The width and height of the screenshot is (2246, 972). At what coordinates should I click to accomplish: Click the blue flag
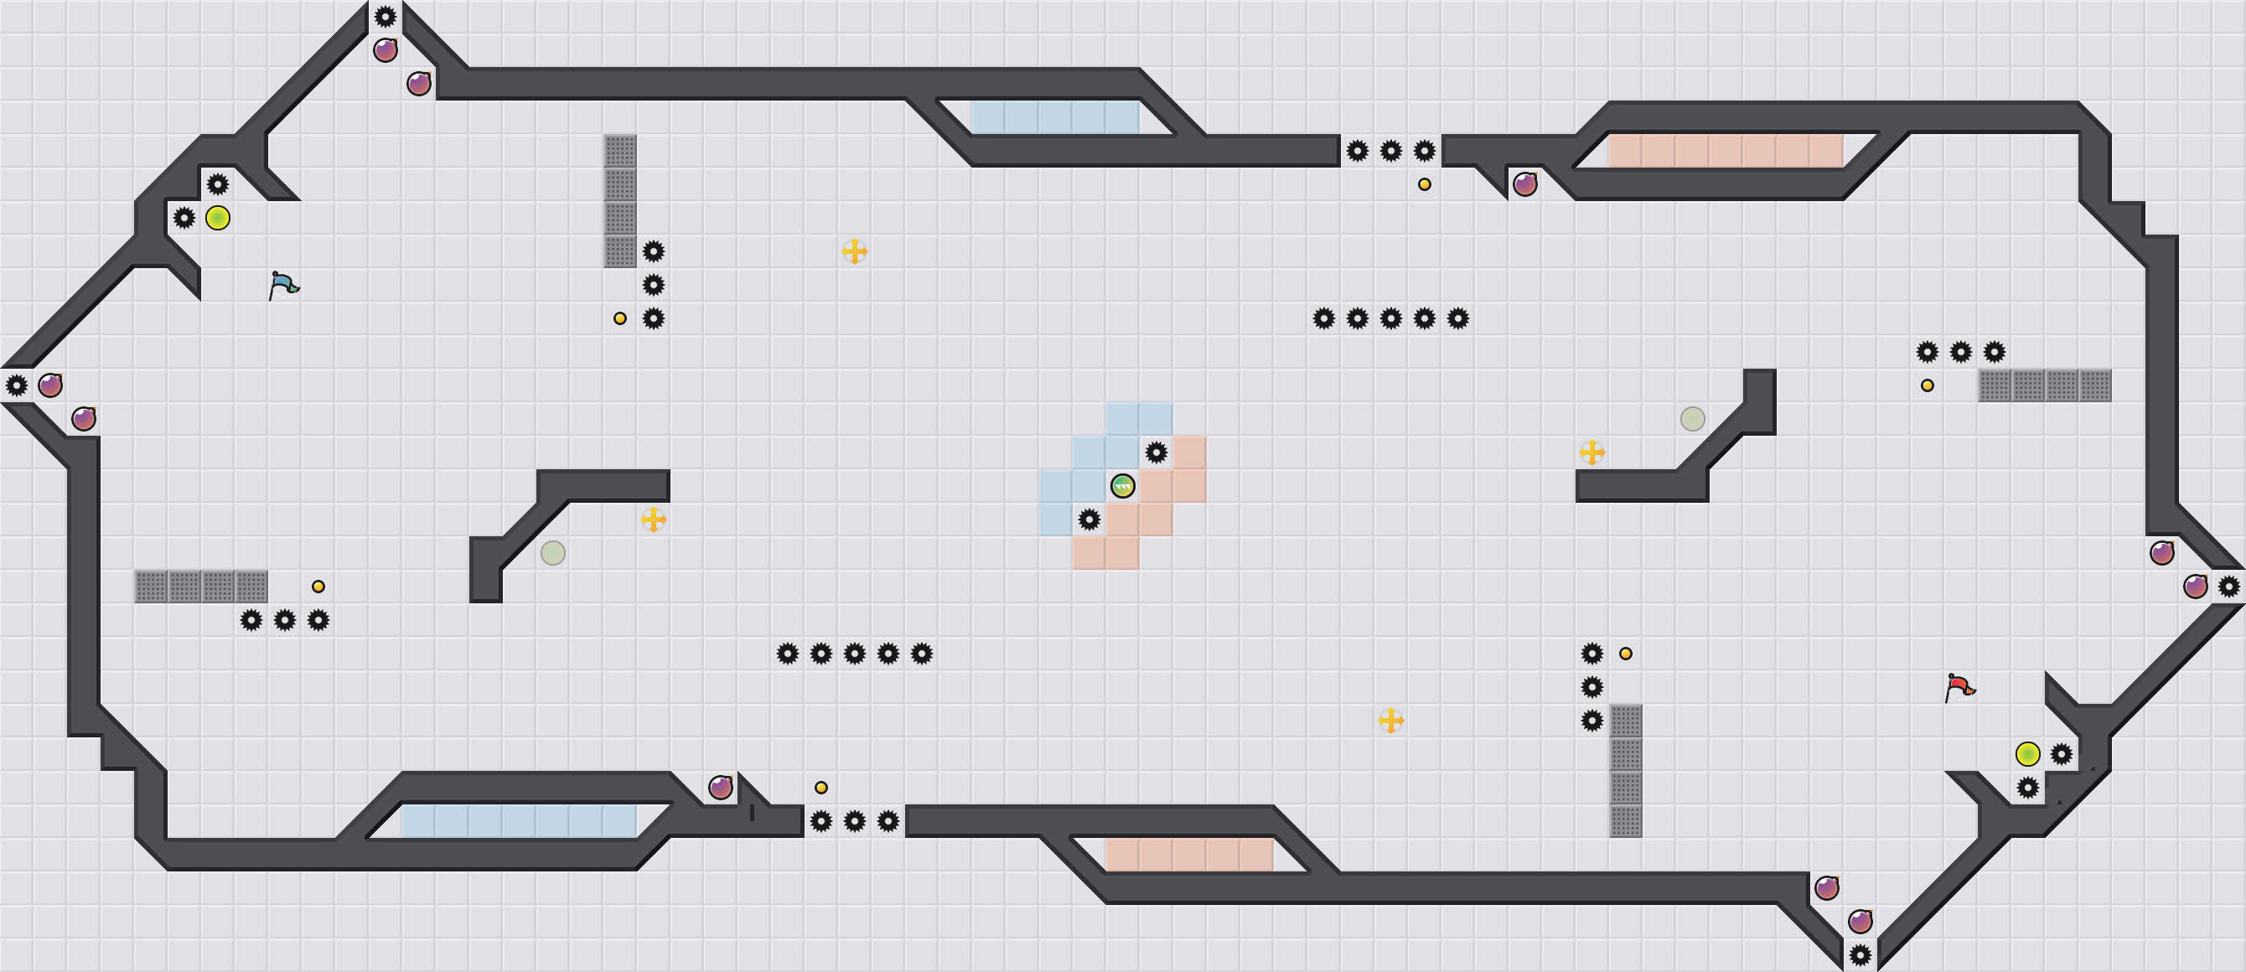[x=282, y=284]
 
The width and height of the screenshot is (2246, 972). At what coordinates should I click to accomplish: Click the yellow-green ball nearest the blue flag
[x=218, y=218]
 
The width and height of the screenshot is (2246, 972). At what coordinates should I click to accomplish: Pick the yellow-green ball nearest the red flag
[x=2028, y=754]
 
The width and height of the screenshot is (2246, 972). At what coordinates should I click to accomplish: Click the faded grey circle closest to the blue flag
[x=553, y=553]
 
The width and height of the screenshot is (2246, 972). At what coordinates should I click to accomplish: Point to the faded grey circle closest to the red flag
[x=1692, y=419]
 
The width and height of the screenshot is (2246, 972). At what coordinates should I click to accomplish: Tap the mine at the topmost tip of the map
[x=386, y=17]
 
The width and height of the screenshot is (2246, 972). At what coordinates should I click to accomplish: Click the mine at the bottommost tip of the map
[x=1860, y=955]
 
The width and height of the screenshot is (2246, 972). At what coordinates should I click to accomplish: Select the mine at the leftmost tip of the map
[x=17, y=385]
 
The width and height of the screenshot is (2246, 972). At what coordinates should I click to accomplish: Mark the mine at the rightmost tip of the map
[x=2228, y=587]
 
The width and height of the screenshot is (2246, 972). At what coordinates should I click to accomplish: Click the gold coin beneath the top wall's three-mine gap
[x=1424, y=185]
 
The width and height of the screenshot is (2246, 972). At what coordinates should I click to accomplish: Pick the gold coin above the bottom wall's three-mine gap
[x=820, y=788]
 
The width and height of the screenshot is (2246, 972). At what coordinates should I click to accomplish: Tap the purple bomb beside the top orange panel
[x=1525, y=185]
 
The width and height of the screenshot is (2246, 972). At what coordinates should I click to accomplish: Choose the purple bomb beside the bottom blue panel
[x=720, y=788]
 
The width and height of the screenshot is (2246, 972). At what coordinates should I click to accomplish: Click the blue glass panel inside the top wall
[x=1055, y=117]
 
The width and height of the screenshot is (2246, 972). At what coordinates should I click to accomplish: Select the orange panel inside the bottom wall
[x=1189, y=856]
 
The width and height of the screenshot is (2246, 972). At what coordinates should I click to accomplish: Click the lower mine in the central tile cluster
[x=1089, y=520]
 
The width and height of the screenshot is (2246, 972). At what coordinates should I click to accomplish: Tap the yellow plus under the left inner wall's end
[x=653, y=520]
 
